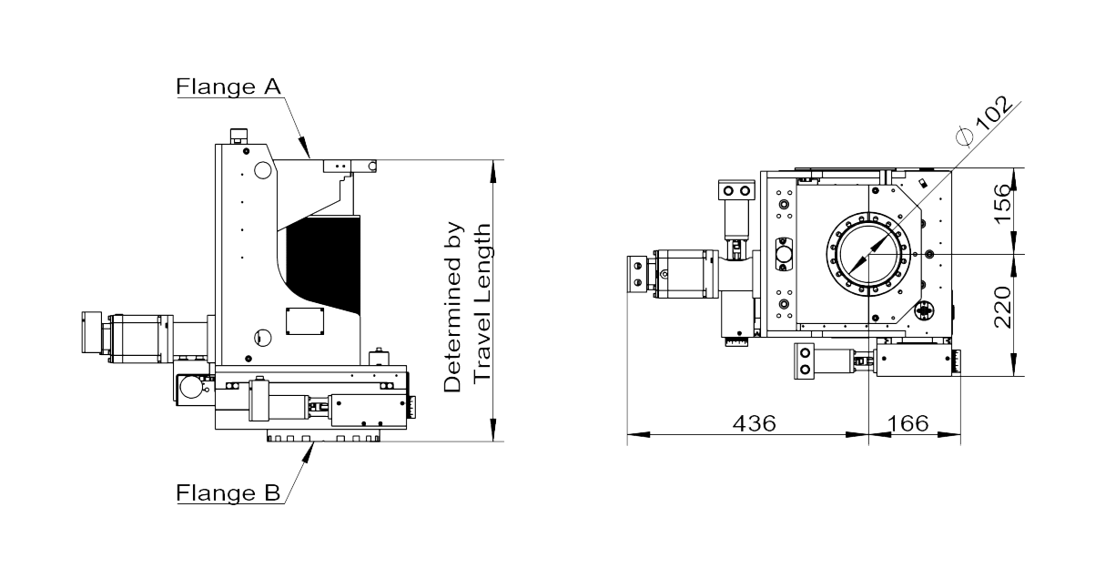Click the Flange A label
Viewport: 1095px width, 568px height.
point(228,86)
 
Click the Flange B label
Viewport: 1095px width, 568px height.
point(228,492)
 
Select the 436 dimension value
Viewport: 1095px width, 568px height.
point(754,423)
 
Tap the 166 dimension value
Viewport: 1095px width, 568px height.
point(907,423)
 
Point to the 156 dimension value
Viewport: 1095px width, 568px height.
point(1003,203)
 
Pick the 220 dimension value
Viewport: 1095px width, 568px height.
point(1003,307)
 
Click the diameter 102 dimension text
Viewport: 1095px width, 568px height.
point(985,120)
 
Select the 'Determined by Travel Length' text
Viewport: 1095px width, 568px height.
point(467,307)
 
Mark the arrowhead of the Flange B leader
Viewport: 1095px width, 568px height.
point(308,452)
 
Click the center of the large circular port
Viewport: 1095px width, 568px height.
point(868,254)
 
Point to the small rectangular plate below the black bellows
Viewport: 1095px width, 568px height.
point(305,321)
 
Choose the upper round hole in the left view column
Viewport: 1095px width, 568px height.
point(262,170)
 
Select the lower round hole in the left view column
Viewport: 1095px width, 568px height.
point(262,338)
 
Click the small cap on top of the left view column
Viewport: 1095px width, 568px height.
point(238,136)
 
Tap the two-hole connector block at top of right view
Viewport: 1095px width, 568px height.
point(736,190)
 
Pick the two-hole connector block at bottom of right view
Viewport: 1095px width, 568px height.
point(804,360)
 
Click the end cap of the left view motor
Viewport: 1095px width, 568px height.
point(91,332)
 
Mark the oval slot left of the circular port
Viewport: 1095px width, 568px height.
point(784,254)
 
